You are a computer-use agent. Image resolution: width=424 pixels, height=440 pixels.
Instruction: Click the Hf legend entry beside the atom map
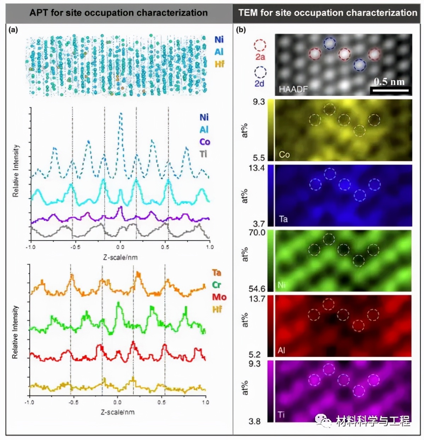219,64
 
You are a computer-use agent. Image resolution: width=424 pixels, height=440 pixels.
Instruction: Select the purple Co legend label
205,142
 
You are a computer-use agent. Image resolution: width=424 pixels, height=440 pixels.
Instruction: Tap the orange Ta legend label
217,273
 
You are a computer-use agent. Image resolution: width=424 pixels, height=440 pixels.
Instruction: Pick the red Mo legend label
219,297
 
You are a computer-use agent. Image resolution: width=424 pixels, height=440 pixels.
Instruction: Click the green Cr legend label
217,285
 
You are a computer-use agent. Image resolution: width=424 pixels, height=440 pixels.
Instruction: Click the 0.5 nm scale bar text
389,82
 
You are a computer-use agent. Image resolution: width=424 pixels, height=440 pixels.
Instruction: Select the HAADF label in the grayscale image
293,89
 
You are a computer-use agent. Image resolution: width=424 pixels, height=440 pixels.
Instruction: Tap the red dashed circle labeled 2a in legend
260,45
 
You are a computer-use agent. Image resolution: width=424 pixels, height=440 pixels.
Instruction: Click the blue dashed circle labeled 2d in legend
260,72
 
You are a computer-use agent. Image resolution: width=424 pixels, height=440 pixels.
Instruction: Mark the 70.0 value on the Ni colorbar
257,232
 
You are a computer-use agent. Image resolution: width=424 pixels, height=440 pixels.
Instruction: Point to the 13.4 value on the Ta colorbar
257,168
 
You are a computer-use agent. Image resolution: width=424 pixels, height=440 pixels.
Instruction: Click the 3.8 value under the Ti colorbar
254,421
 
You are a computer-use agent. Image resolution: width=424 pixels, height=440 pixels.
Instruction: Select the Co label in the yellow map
284,155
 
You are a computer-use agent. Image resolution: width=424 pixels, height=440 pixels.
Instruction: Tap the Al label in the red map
281,351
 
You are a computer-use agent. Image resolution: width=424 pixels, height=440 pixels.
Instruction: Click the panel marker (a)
13,30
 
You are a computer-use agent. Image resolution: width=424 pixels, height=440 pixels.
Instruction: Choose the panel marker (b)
241,30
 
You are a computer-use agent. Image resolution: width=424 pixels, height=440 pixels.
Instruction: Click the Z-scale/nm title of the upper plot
120,257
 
